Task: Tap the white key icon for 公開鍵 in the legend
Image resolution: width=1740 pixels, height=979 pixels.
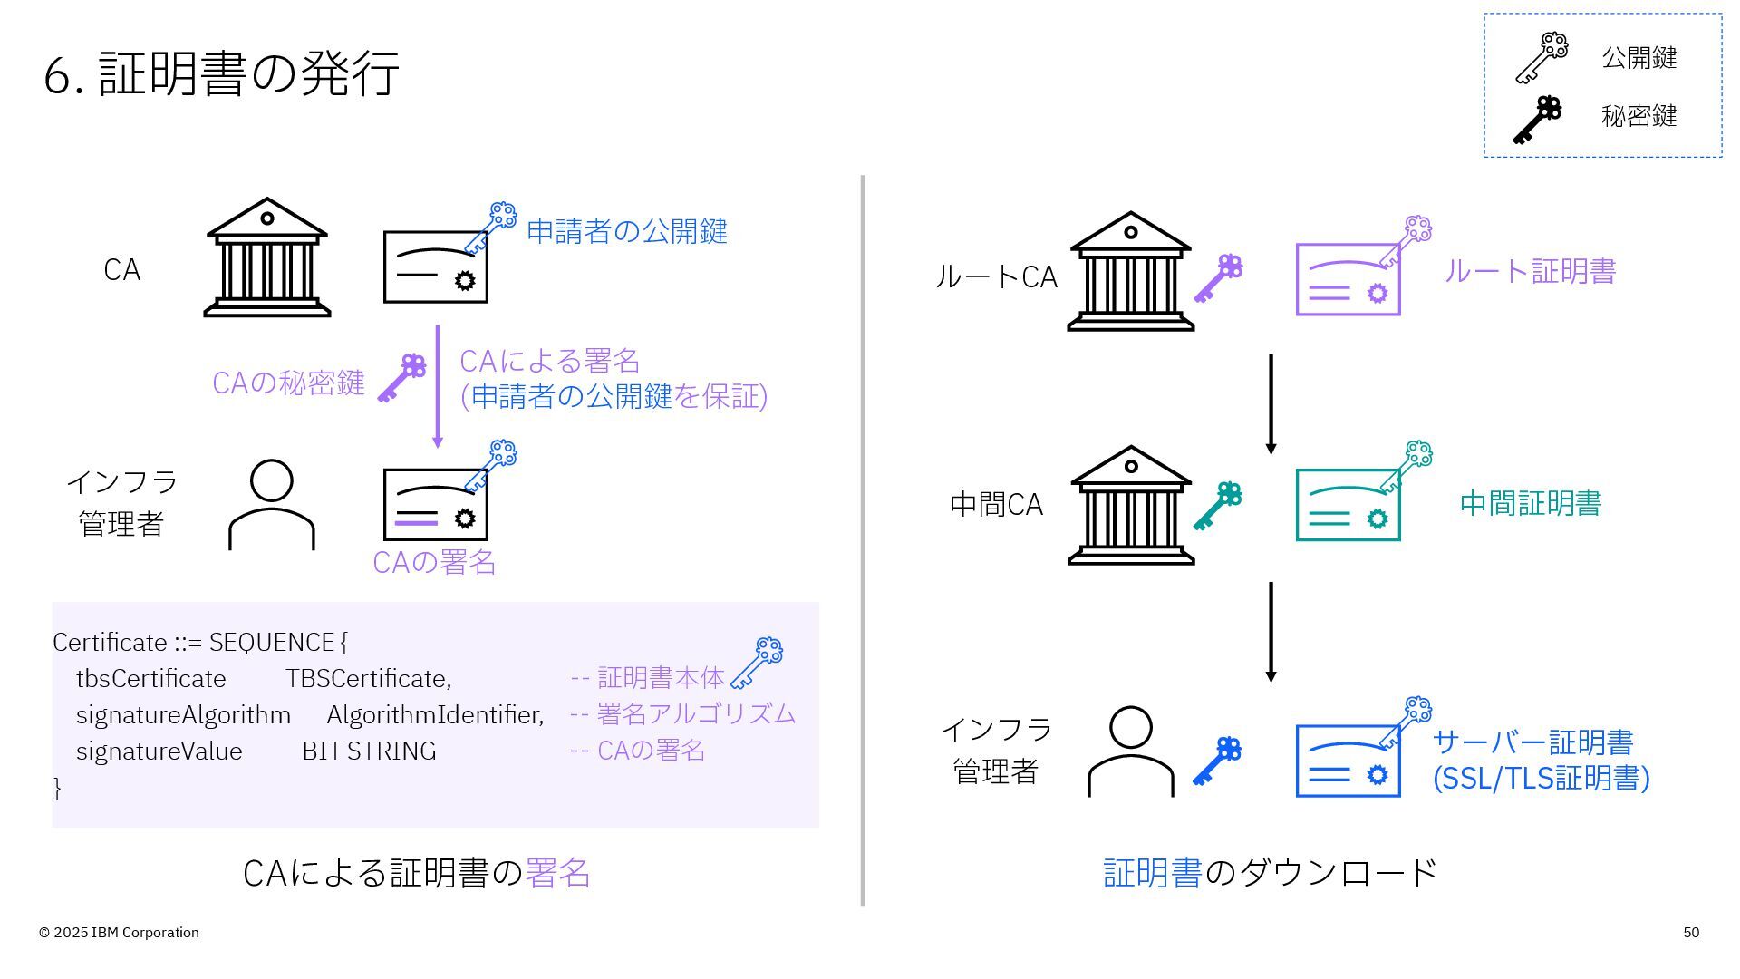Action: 1541,58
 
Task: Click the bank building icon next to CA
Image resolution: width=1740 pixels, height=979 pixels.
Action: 267,257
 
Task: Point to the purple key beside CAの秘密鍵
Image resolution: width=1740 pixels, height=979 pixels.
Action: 401,378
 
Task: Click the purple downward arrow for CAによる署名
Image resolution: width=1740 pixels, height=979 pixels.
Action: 438,386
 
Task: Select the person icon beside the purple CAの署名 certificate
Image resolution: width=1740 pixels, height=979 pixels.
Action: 271,504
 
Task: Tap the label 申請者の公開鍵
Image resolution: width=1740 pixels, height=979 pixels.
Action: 626,231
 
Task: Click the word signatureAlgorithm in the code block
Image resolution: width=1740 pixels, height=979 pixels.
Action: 183,715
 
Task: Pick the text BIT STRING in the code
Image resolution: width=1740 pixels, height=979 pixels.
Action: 369,751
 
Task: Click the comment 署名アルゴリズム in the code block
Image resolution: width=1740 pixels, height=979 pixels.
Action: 695,714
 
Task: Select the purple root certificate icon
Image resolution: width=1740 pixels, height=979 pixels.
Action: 1348,278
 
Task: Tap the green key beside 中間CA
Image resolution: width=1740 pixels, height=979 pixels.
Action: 1217,506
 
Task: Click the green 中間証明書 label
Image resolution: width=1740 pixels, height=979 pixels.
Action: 1530,504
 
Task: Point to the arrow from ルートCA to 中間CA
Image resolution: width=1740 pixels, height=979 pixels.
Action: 1271,404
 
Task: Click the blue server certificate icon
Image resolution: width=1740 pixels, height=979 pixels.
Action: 1348,761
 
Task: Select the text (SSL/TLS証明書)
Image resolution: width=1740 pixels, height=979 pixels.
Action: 1541,779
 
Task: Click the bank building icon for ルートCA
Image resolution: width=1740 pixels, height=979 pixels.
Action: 1130,272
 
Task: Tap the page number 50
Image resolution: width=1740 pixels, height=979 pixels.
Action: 1691,933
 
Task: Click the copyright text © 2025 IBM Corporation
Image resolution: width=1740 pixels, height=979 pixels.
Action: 119,933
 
